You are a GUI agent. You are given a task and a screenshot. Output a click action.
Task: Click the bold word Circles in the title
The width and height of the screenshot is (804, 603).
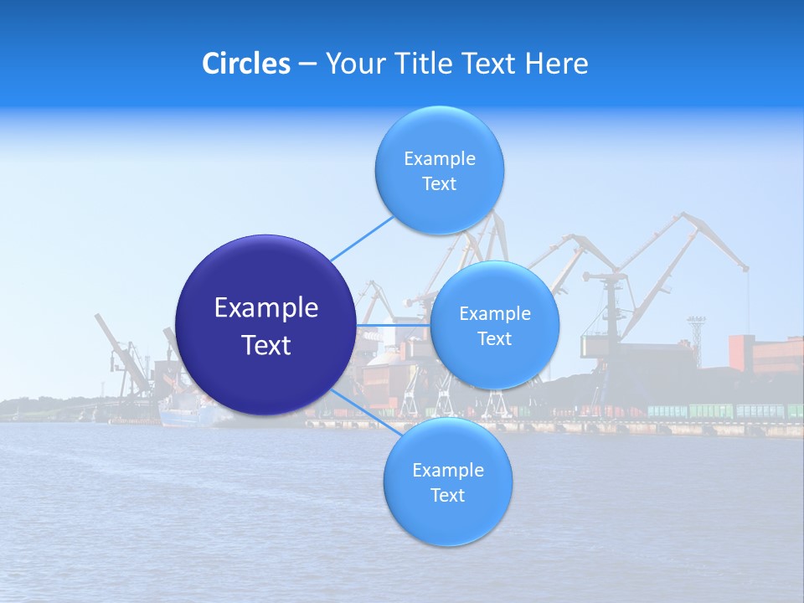[246, 64]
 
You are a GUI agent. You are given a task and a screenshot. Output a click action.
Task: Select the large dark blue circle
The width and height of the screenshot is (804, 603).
[265, 325]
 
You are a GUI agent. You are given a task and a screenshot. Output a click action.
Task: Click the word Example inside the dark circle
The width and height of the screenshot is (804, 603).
[265, 308]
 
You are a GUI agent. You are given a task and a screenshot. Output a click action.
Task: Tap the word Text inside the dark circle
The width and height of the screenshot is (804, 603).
[265, 345]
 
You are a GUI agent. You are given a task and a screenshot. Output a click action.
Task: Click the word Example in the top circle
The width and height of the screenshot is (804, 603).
[439, 159]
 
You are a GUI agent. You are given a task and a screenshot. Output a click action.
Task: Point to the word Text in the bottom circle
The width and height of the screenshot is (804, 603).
[447, 495]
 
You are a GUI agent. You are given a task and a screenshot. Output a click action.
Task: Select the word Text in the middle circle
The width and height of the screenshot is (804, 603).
[494, 338]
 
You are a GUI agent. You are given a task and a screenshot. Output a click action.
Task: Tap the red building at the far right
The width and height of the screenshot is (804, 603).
[765, 353]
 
